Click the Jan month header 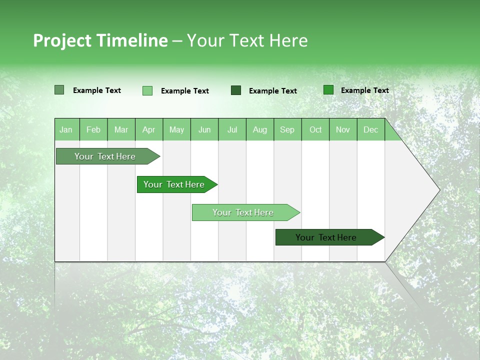(66, 129)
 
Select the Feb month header (93, 129)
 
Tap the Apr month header (148, 129)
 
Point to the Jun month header (204, 129)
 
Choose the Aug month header (259, 129)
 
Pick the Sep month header (287, 129)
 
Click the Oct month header (315, 129)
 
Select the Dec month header (370, 129)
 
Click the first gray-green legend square (59, 90)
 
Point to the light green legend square (147, 90)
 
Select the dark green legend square (236, 90)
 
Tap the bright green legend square (328, 90)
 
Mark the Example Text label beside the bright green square (364, 90)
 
